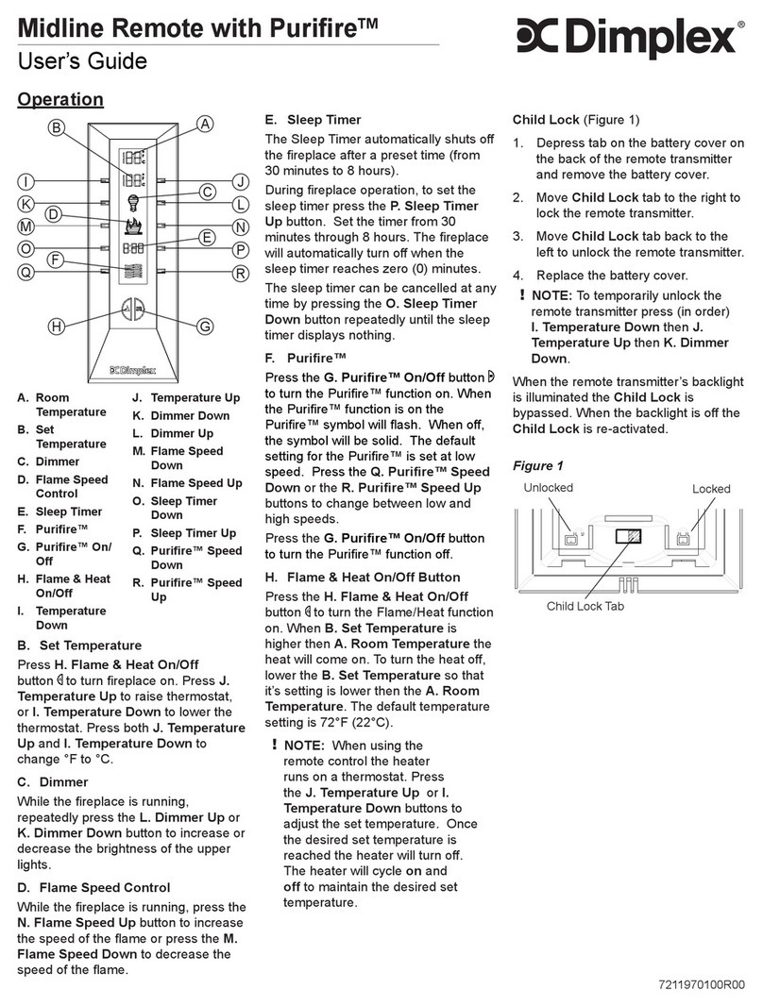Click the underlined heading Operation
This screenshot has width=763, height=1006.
61,99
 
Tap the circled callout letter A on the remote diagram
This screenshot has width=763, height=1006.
205,125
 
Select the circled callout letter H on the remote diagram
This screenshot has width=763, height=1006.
57,327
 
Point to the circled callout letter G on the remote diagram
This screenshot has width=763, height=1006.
205,327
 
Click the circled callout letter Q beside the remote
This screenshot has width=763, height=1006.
26,271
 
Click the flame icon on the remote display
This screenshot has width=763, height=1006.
133,226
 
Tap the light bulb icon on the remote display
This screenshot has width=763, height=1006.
133,200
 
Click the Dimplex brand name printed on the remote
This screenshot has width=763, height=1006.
132,369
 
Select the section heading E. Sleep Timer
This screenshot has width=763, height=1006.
313,120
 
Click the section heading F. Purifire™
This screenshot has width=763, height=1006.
306,359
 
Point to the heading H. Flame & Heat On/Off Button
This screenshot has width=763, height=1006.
363,577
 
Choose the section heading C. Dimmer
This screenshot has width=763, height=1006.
53,781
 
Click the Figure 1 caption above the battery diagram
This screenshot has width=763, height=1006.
537,466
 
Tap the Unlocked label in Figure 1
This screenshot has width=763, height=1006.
547,488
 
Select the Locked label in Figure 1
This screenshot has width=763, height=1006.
711,489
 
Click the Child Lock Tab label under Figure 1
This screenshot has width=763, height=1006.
585,606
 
